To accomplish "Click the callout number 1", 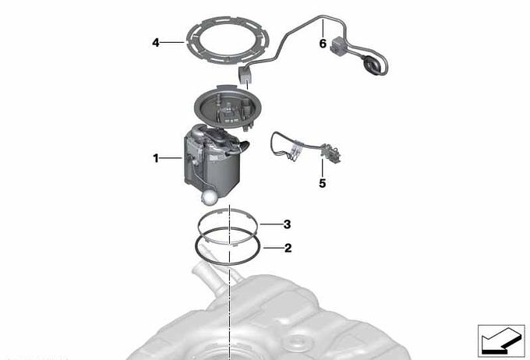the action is (155, 158).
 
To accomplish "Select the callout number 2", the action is (288, 248).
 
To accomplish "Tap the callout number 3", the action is (287, 224).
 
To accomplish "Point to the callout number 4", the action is (155, 43).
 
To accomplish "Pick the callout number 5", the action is (323, 183).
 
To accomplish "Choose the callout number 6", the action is (323, 44).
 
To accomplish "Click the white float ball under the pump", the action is (209, 197).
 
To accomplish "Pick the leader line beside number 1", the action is (171, 158).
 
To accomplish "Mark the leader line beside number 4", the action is (172, 43).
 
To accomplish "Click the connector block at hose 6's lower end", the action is (245, 74).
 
